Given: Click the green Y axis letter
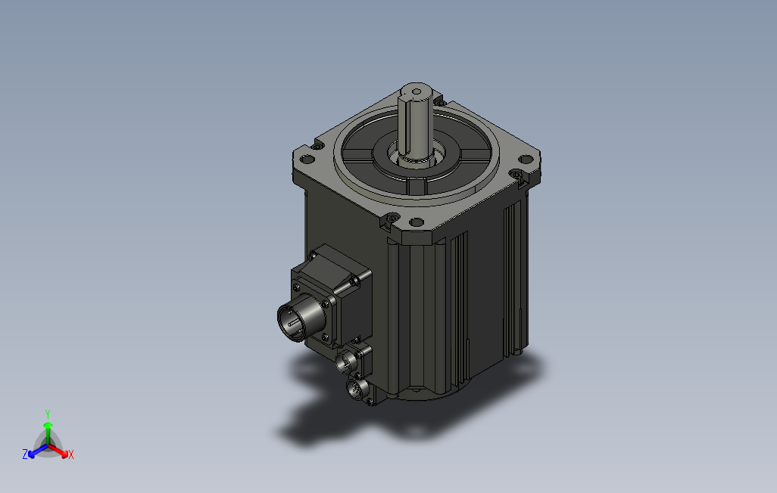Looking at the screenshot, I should coord(47,414).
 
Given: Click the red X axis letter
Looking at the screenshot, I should coord(70,454).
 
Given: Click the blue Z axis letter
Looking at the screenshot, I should coord(25,454).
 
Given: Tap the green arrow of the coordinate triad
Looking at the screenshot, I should coord(48,431).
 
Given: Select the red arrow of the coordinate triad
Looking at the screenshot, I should coord(61,451).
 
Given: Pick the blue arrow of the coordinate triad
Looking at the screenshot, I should coord(35,451).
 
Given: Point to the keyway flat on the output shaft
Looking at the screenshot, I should coord(413,121).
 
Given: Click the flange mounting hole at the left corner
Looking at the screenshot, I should coord(306,160).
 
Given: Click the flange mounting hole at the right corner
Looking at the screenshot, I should coord(524,160).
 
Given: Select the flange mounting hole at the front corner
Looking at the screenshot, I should coord(416,222).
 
